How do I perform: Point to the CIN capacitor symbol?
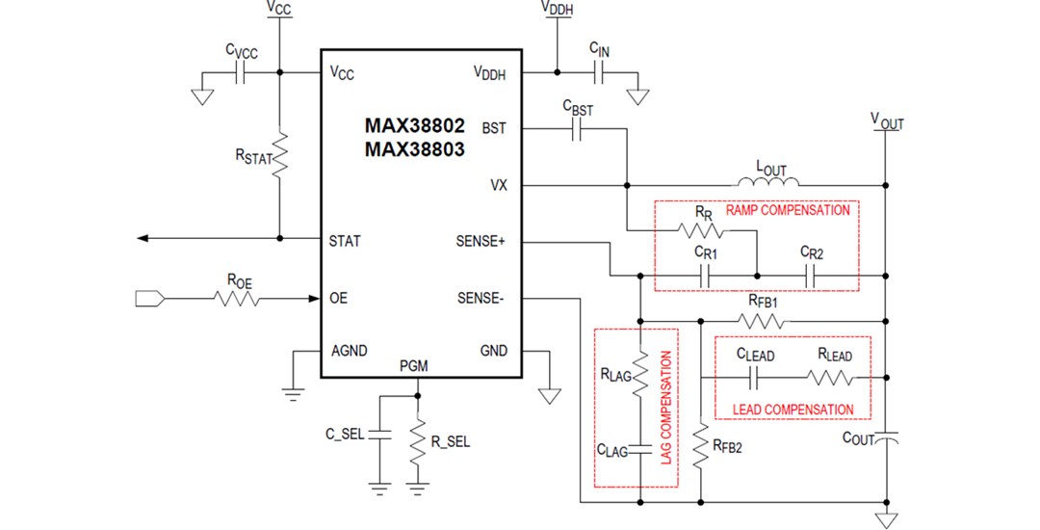(599, 72)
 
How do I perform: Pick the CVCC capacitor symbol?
(242, 72)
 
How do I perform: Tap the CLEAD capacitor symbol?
(754, 377)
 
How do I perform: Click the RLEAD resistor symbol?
(834, 377)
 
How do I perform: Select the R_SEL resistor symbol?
(417, 442)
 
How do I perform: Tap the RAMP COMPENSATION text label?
(787, 210)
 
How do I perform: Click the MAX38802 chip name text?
(414, 125)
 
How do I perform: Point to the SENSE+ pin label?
(480, 241)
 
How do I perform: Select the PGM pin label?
(415, 366)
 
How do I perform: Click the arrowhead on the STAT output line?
(143, 238)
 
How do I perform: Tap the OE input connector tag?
(150, 300)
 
